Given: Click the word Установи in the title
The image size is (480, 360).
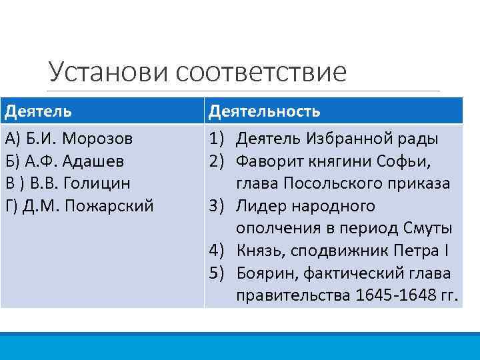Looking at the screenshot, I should click(x=109, y=72).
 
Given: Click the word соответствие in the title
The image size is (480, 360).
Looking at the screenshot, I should click(x=262, y=72).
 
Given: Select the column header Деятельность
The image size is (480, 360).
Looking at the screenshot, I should click(x=264, y=111).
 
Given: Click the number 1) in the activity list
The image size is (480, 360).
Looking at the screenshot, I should click(x=219, y=139).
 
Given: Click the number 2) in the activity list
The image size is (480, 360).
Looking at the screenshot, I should click(x=219, y=161).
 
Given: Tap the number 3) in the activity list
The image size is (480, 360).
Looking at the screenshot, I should click(x=219, y=206).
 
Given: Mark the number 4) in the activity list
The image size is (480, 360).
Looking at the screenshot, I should click(x=219, y=251).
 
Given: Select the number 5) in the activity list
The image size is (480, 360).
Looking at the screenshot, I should click(x=219, y=273).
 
